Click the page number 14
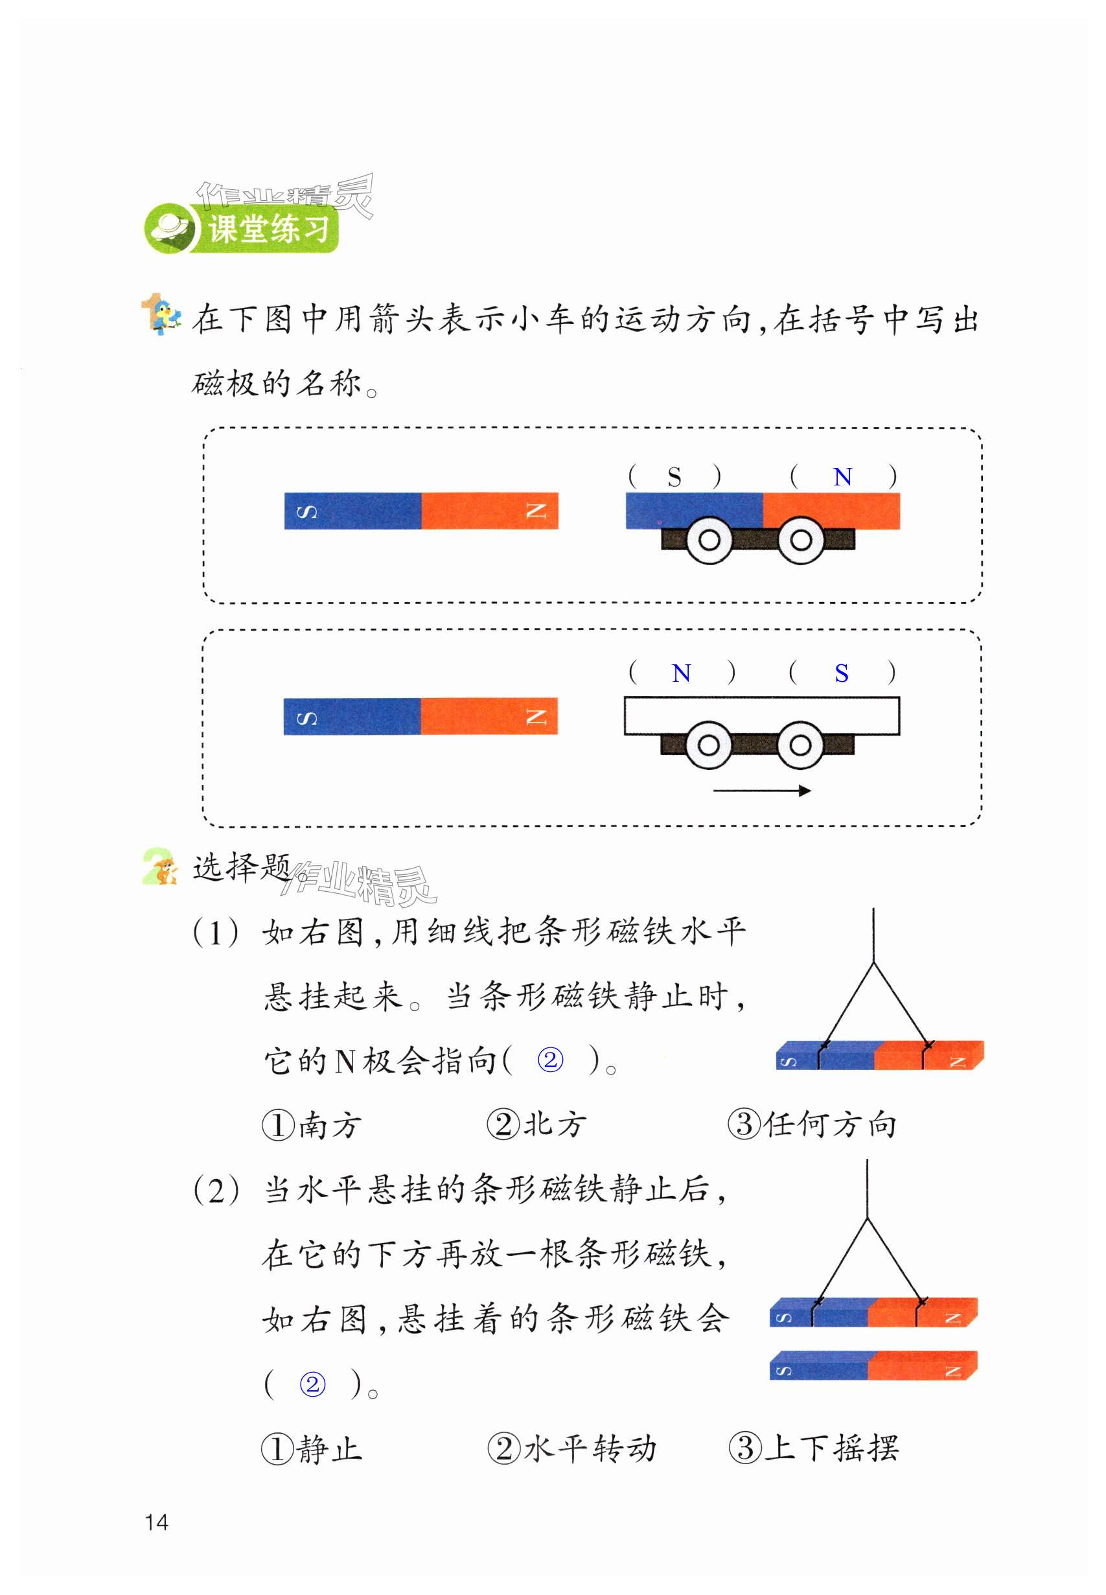tap(157, 1522)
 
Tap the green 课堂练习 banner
tap(242, 229)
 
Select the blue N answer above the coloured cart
tap(842, 477)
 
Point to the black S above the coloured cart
tap(674, 477)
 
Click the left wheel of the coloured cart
tap(709, 540)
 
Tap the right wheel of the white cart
tap(800, 745)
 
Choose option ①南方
tap(312, 1124)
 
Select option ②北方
tap(537, 1124)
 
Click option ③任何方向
tap(812, 1124)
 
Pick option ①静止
tap(312, 1448)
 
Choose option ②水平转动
tap(571, 1448)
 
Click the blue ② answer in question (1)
tap(550, 1060)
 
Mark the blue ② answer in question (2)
tap(312, 1384)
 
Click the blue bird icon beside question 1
tap(162, 316)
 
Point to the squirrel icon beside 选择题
tap(161, 867)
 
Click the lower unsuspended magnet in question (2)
tap(873, 1366)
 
